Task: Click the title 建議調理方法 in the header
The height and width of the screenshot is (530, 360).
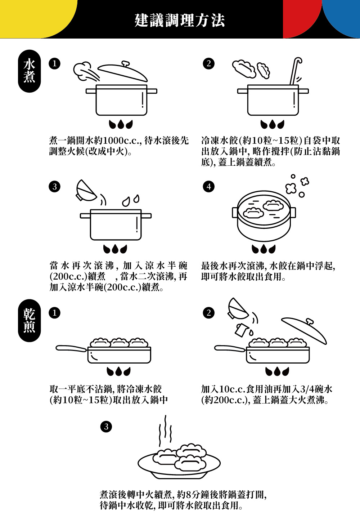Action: tap(180, 20)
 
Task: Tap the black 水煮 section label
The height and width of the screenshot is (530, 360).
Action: tap(29, 71)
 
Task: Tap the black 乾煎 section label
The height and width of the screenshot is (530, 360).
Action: tap(29, 320)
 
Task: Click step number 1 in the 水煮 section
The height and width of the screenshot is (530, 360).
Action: tap(54, 63)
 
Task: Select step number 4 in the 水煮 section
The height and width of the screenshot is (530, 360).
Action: tap(209, 186)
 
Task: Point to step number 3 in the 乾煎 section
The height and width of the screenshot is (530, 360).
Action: tap(106, 427)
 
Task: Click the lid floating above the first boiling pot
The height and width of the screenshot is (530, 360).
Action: tap(122, 72)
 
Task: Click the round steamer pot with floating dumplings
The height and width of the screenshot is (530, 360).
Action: tap(264, 216)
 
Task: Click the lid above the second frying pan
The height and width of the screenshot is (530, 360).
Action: tap(304, 330)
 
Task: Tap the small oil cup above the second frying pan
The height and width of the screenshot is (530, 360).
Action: tap(241, 329)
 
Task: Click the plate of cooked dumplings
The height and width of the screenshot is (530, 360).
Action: tap(179, 465)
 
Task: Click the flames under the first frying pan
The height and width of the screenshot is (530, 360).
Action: tap(118, 371)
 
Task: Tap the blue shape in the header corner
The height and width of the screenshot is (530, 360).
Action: tap(344, 16)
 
